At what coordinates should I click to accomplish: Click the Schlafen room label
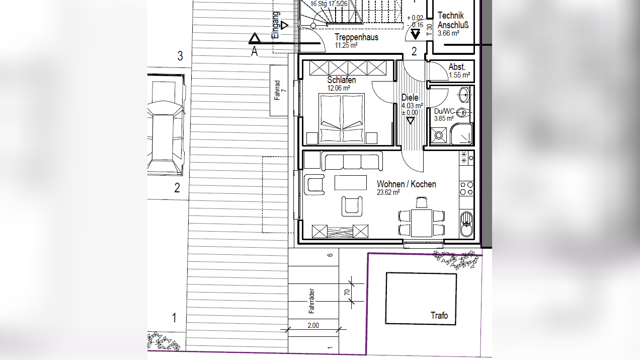(342, 80)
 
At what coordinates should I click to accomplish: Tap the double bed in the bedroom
(342, 118)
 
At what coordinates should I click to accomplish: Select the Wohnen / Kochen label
(406, 184)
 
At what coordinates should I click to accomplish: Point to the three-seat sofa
(352, 162)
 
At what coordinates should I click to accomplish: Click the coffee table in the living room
(351, 183)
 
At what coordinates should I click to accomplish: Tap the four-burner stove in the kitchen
(466, 188)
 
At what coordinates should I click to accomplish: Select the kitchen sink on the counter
(466, 225)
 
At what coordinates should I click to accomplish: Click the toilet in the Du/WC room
(463, 113)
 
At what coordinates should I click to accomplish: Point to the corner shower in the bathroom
(461, 134)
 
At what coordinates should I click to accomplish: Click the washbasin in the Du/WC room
(464, 95)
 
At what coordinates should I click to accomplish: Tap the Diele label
(410, 98)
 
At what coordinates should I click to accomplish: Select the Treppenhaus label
(357, 37)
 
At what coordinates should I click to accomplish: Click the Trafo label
(439, 315)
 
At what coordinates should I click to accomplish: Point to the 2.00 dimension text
(313, 325)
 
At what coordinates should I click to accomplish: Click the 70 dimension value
(347, 293)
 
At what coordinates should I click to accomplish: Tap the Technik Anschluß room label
(453, 20)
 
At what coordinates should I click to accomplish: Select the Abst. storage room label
(457, 67)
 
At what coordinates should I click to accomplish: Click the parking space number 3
(180, 56)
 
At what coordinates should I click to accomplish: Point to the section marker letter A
(254, 52)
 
